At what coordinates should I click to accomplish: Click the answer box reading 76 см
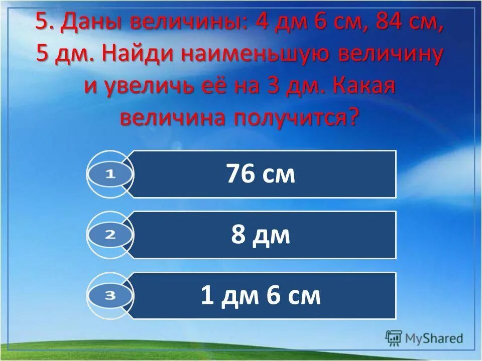(261, 174)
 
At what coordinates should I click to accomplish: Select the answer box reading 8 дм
(261, 235)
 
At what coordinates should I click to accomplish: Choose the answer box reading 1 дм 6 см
(261, 296)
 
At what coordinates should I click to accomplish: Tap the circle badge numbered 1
(110, 174)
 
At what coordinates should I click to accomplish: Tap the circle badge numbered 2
(110, 235)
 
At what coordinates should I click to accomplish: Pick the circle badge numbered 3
(110, 296)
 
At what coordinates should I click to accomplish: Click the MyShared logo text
(435, 338)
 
